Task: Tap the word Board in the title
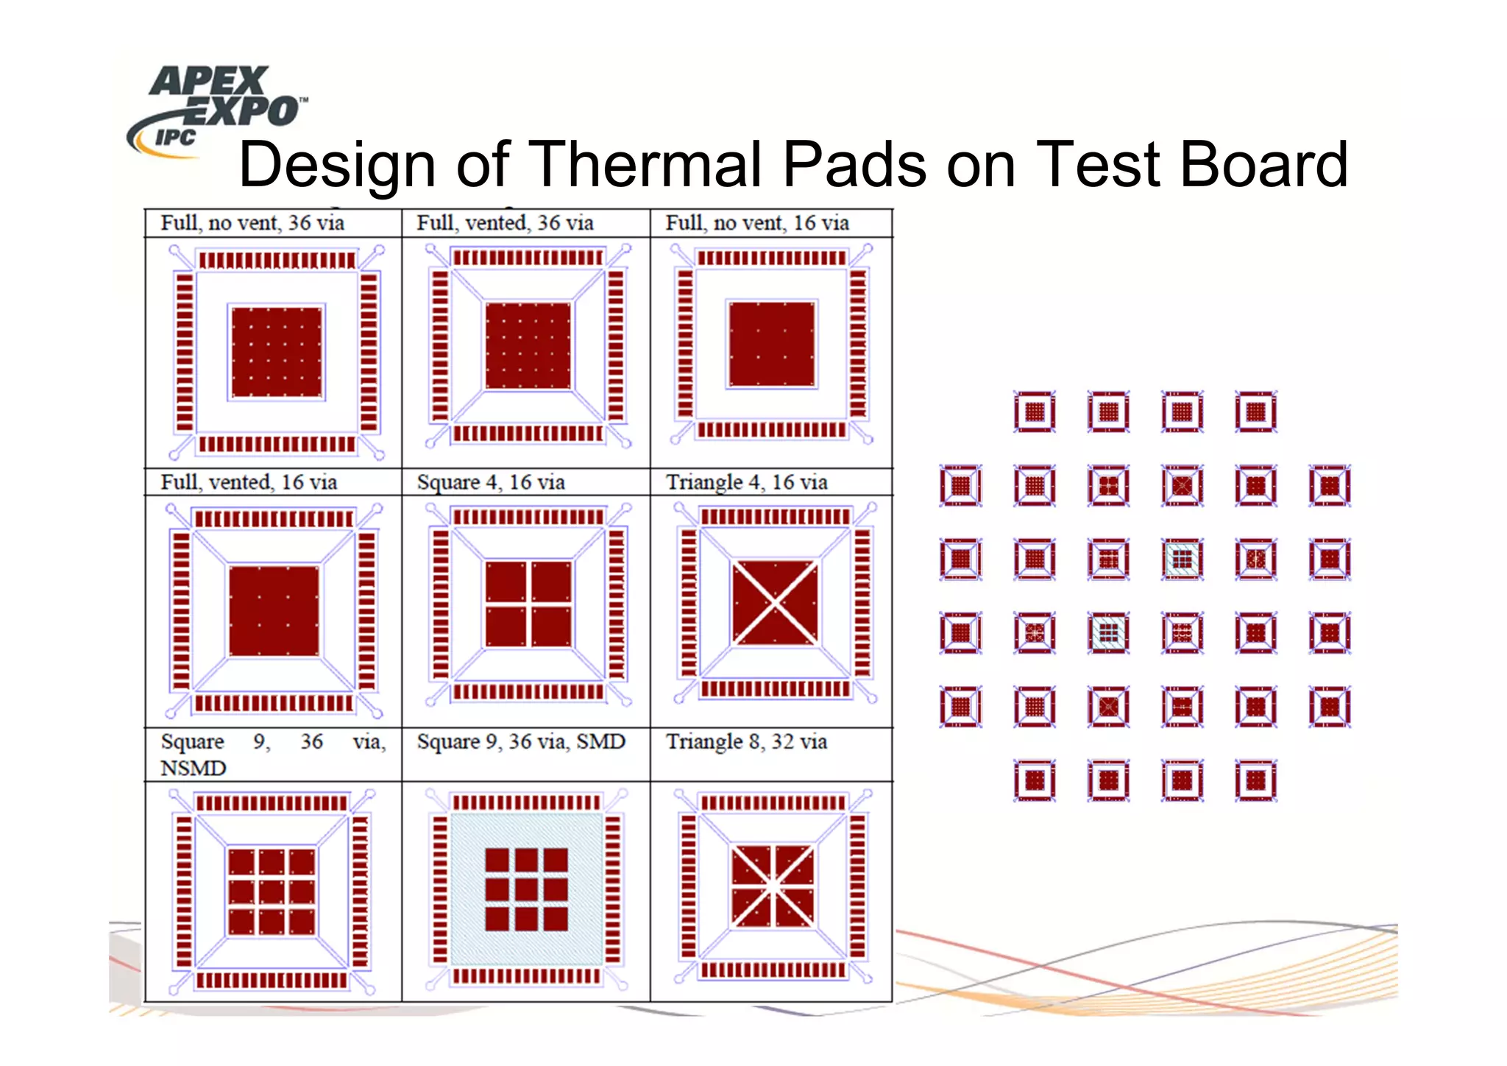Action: [1263, 164]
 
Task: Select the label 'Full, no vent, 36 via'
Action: [252, 223]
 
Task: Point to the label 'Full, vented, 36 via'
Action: [505, 223]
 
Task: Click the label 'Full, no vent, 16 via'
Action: [757, 223]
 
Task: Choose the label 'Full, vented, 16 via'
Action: [249, 482]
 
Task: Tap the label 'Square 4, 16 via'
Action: [491, 482]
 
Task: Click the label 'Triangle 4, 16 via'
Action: [747, 482]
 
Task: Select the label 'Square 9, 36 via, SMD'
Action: [521, 741]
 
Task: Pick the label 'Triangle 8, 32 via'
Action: [747, 741]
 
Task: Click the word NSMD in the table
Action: [193, 768]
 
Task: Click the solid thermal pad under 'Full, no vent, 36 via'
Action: [277, 352]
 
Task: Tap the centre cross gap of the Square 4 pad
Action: [528, 604]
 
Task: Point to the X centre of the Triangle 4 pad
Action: [774, 603]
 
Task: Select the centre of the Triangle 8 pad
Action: [773, 886]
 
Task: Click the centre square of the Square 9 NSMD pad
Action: [272, 892]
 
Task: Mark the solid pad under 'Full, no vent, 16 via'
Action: [772, 344]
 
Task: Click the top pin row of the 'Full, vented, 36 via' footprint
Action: [528, 258]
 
